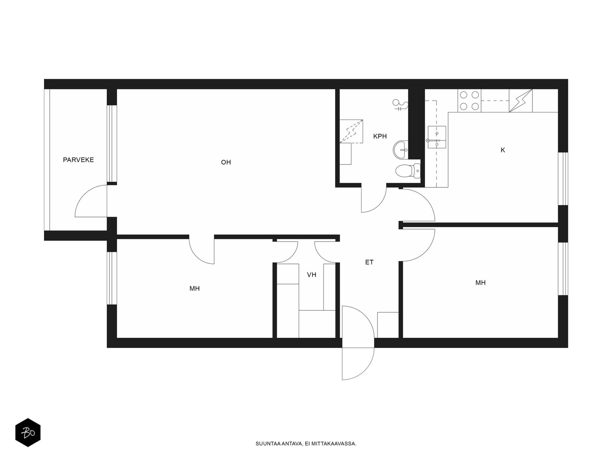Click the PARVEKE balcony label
coord(78,160)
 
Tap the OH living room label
coord(226,162)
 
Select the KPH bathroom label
coord(380,136)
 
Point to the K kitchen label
coord(503,150)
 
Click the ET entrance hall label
coord(369,262)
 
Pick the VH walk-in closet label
coord(311,275)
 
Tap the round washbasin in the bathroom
coord(400,150)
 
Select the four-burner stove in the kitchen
coord(469,101)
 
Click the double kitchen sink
coord(437,137)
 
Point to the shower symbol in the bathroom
coord(400,105)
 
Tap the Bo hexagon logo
coord(28,433)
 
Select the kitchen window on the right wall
coord(563,179)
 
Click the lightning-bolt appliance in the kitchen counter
coord(521,101)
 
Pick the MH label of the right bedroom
coord(480,283)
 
